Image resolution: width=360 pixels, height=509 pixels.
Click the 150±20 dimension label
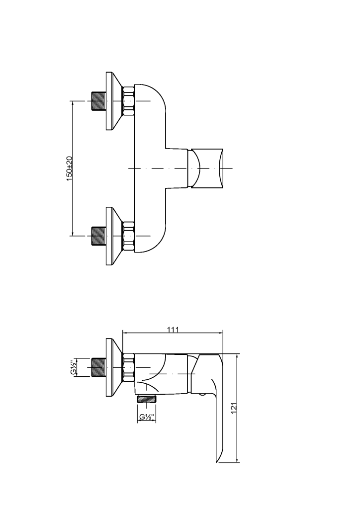(x=70, y=168)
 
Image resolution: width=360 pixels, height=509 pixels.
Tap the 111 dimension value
(x=173, y=329)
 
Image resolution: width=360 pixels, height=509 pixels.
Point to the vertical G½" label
(x=73, y=367)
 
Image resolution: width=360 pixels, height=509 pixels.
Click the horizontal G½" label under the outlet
(x=146, y=417)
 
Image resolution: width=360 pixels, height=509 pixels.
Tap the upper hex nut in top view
(x=128, y=101)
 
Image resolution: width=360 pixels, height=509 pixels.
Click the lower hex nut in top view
(x=128, y=235)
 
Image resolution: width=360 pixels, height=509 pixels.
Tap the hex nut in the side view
(x=128, y=367)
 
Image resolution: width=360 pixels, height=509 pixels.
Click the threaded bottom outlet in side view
(x=146, y=399)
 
